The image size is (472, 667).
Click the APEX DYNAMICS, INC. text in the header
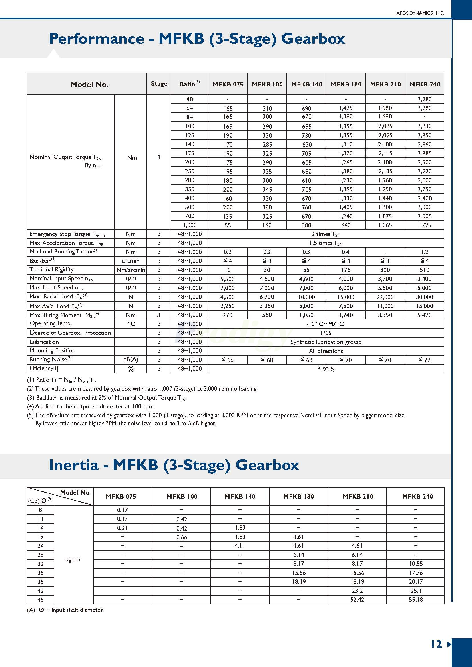pyautogui.click(x=420, y=13)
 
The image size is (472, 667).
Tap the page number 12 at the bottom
pyautogui.click(x=436, y=644)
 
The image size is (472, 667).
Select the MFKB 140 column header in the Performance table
pyautogui.click(x=306, y=84)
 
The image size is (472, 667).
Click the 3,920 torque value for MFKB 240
pyautogui.click(x=424, y=171)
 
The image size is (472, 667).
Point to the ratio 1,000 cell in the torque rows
pyautogui.click(x=190, y=225)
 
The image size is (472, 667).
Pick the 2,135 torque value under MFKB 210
pyautogui.click(x=385, y=171)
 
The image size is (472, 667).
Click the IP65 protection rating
pyautogui.click(x=326, y=333)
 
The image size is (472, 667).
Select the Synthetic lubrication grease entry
pyautogui.click(x=326, y=342)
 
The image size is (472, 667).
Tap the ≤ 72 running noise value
pyautogui.click(x=424, y=360)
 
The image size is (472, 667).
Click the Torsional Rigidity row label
pyautogui.click(x=52, y=270)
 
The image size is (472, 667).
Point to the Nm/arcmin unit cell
pyautogui.click(x=131, y=270)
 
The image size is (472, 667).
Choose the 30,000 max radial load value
pyautogui.click(x=424, y=297)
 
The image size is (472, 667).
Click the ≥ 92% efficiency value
pyautogui.click(x=326, y=369)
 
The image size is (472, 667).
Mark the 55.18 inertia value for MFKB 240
pyautogui.click(x=416, y=599)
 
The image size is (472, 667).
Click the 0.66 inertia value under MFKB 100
pyautogui.click(x=182, y=537)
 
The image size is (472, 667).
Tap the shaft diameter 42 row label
pyautogui.click(x=40, y=591)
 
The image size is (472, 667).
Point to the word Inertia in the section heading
pyautogui.click(x=74, y=465)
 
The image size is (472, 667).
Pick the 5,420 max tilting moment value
pyautogui.click(x=424, y=315)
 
